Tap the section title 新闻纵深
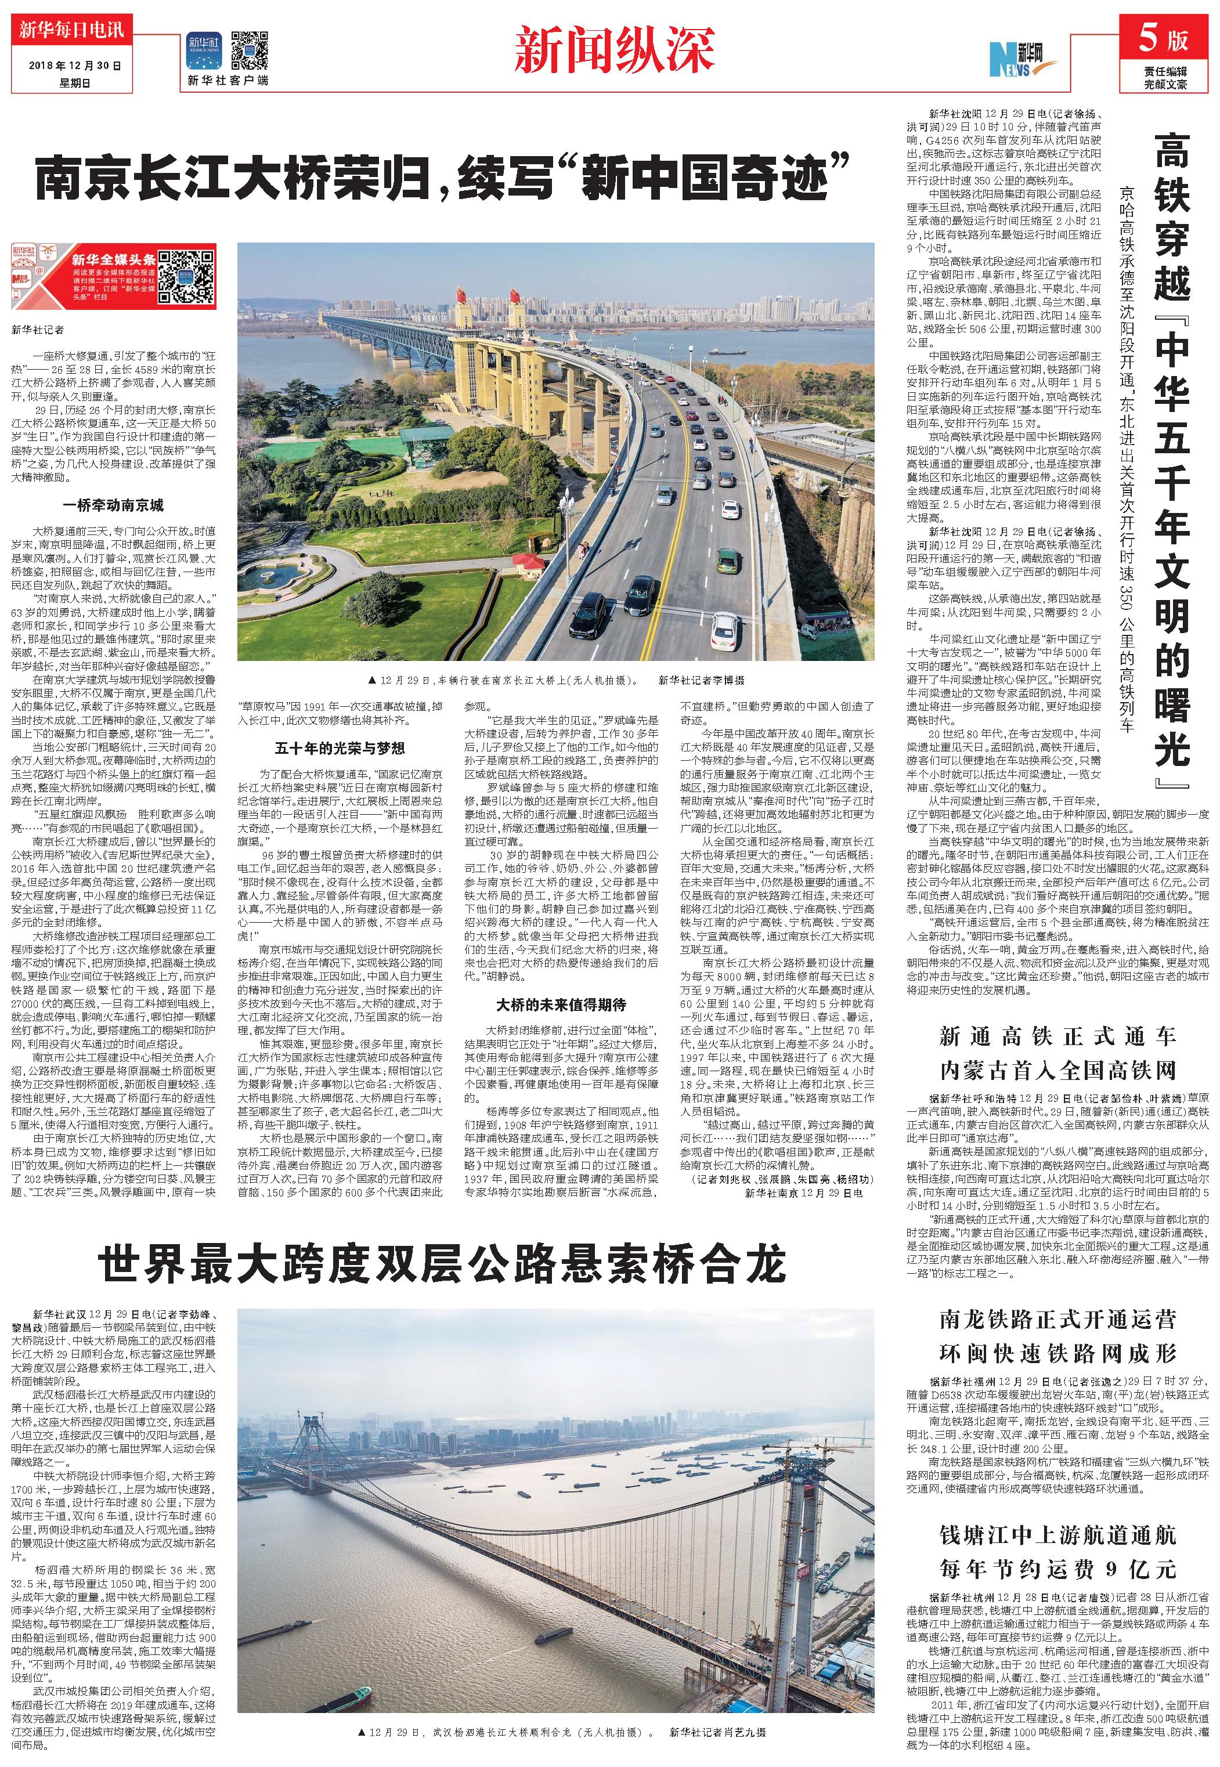(615, 49)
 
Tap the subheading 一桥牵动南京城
(113, 506)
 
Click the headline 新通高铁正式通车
(1057, 1036)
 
